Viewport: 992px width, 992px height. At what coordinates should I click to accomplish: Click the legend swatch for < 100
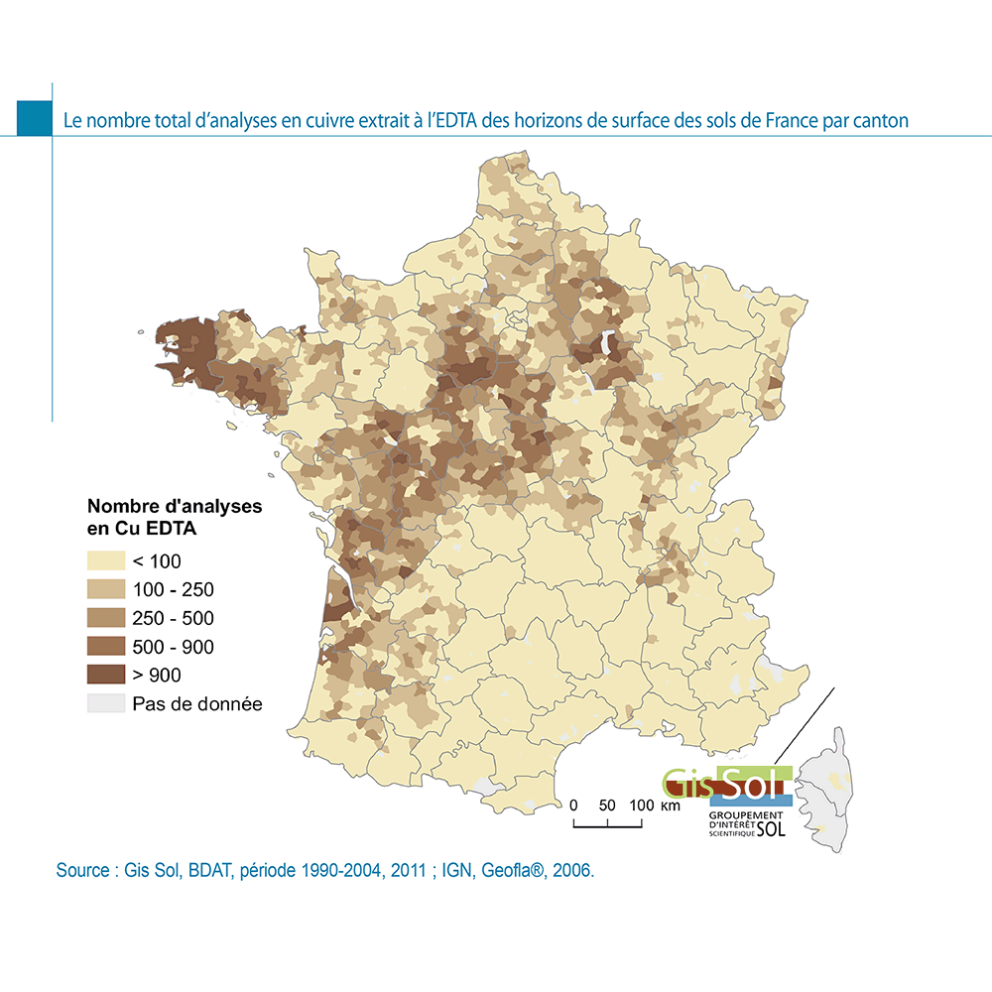pos(104,560)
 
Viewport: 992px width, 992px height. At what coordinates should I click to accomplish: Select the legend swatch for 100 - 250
pos(104,589)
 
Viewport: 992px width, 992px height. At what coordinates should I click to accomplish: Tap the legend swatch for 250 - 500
pos(104,618)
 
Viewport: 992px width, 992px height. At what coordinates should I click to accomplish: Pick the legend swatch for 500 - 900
pos(104,647)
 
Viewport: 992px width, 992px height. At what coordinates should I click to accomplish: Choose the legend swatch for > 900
pos(104,676)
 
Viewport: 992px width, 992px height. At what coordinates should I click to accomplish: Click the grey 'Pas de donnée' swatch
pos(104,704)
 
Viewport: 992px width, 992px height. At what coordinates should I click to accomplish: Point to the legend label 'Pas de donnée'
pos(197,704)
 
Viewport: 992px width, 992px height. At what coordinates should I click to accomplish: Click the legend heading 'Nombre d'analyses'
pos(176,506)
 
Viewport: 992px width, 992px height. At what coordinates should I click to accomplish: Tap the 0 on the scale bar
pos(573,805)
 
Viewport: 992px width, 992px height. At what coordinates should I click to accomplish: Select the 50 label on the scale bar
pos(607,805)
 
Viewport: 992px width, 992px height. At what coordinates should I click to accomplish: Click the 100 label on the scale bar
pos(642,805)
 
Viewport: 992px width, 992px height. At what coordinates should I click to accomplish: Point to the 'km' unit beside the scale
pos(671,806)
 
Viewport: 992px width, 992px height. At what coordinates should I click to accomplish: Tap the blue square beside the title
pos(34,118)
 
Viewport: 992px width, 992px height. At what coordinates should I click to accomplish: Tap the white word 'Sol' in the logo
pos(753,784)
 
